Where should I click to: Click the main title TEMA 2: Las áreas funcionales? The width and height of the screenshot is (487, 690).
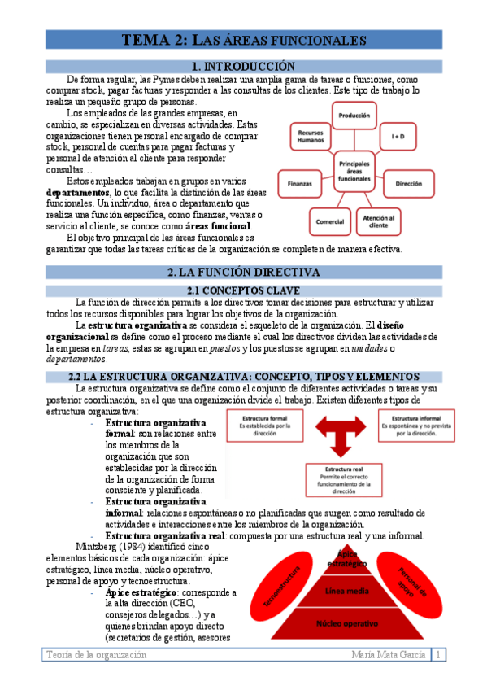click(x=243, y=40)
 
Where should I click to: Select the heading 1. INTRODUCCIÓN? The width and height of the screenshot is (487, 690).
click(x=243, y=66)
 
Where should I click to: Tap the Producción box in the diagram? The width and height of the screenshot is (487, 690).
click(x=354, y=117)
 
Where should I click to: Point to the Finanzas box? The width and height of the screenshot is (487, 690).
click(x=300, y=185)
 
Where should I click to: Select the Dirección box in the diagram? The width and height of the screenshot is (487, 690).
click(x=408, y=185)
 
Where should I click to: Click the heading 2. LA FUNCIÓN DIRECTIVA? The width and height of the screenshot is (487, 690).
click(x=243, y=273)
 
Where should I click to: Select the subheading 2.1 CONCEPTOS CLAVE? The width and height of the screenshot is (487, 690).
click(x=243, y=290)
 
